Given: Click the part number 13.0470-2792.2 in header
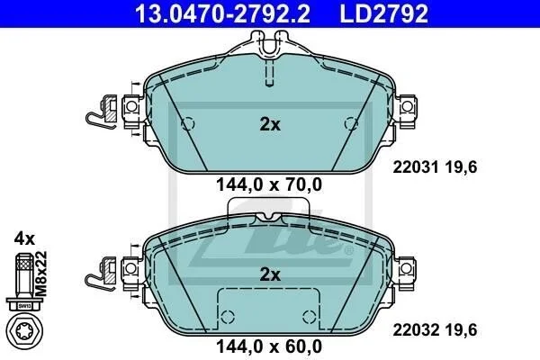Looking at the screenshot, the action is click(x=222, y=13).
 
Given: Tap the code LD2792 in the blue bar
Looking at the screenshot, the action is click(x=384, y=13).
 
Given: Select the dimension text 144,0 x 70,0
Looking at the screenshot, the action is click(x=269, y=184).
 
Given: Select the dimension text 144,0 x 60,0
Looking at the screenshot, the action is click(x=269, y=346).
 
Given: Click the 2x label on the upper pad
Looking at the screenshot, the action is click(x=270, y=124).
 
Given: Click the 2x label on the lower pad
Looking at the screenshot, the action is click(x=270, y=274).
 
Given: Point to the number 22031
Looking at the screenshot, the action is click(x=416, y=167).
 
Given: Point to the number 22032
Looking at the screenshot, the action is click(x=416, y=330).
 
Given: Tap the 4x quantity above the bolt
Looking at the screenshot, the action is click(x=24, y=238).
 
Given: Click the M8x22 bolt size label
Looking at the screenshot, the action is click(x=41, y=274).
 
